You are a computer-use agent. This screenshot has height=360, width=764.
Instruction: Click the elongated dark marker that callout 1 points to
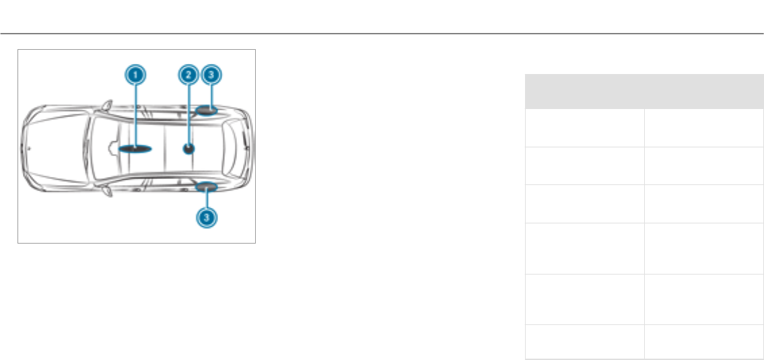click(135, 148)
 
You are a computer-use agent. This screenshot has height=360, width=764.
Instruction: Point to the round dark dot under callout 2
click(189, 149)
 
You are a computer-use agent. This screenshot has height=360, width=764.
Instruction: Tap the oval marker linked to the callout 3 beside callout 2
click(207, 110)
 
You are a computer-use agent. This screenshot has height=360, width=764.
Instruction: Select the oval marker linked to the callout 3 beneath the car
click(207, 188)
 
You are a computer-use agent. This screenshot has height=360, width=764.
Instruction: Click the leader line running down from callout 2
click(188, 111)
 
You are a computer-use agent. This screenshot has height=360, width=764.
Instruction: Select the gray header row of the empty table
click(644, 92)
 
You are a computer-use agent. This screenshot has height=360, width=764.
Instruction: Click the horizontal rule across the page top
click(382, 33)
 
